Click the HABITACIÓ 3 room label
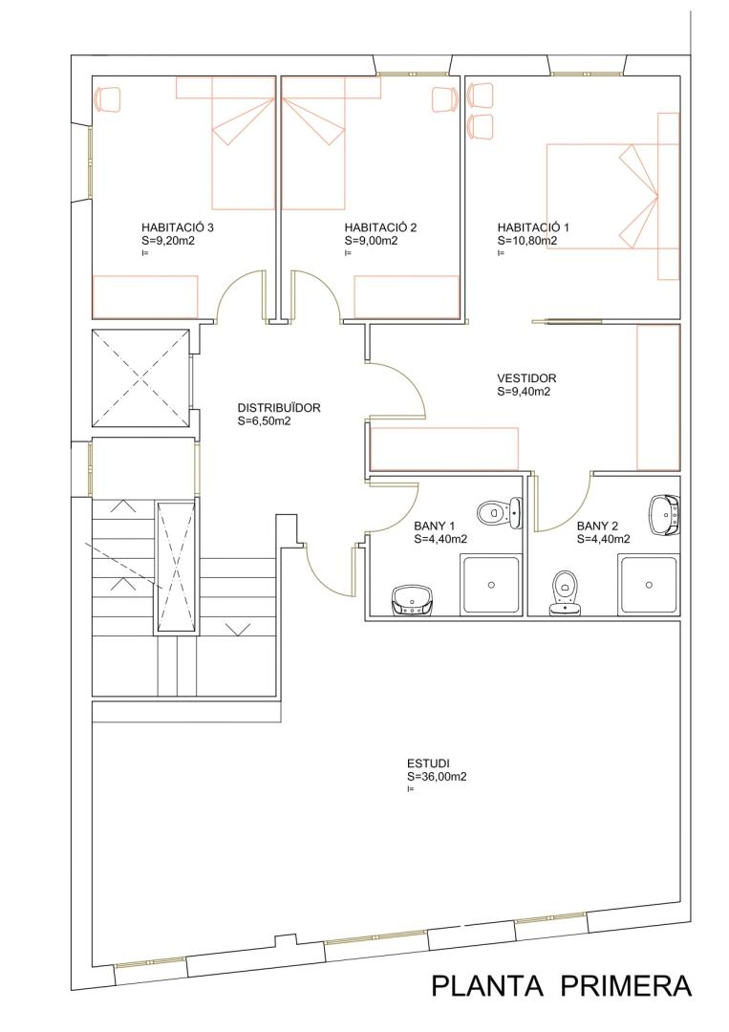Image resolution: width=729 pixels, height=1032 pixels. click(x=178, y=227)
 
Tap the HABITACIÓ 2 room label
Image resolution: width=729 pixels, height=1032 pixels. click(x=380, y=227)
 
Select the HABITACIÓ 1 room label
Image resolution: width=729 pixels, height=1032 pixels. click(x=533, y=227)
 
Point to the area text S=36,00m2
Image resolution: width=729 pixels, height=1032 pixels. click(x=437, y=777)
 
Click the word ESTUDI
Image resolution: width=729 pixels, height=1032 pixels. click(x=428, y=763)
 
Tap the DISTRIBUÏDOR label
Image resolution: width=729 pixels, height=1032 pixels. click(x=279, y=408)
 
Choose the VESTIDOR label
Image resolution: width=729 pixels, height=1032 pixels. click(x=526, y=378)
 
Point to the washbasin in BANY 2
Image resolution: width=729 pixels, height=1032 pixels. click(x=665, y=515)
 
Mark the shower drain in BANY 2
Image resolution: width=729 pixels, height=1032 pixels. click(x=650, y=585)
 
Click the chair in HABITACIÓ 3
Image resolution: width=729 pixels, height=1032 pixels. click(x=108, y=98)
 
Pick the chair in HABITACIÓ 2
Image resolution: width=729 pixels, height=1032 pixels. click(x=445, y=98)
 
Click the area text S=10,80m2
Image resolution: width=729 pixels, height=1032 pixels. click(x=527, y=241)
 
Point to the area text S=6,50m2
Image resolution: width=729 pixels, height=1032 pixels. click(x=264, y=421)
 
